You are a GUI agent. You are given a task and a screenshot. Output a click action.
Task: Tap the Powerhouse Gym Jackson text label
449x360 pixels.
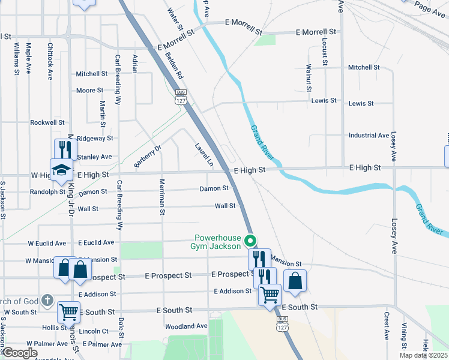pos(215,241)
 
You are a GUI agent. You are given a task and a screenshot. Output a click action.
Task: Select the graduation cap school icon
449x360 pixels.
pos(61,170)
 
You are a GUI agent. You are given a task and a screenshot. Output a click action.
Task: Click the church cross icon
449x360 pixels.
pos(48,301)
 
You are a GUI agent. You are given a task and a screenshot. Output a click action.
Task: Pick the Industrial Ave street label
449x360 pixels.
pos(369,136)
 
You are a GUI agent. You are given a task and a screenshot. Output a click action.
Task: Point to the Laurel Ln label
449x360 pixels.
pos(203,154)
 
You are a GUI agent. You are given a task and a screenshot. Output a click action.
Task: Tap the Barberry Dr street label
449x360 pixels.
pos(148,156)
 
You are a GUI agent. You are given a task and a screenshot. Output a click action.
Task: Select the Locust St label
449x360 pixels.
pos(324,51)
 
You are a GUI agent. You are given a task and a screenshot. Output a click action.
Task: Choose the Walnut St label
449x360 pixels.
pos(309,78)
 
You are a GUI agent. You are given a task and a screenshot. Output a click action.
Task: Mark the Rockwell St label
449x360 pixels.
pos(47,122)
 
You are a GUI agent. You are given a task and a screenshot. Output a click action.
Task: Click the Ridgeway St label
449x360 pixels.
pos(95,138)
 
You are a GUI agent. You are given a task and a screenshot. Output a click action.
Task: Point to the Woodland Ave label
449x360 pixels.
pos(187,326)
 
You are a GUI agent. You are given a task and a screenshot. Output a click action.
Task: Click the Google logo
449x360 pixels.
pos(19,353)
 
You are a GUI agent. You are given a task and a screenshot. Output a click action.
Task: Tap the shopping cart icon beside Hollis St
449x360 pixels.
pos(69,312)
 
